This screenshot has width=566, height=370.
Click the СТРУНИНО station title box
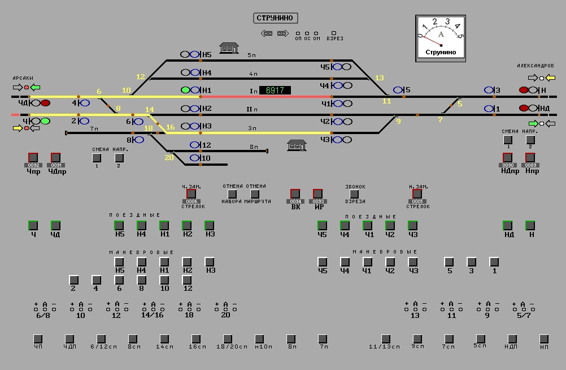click(275, 18)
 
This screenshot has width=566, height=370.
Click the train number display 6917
click(275, 91)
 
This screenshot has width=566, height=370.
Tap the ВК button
click(295, 194)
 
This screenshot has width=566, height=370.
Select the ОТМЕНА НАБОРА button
click(232, 194)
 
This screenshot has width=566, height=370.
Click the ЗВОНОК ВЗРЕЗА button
click(355, 194)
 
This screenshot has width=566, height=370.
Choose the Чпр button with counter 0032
click(33, 157)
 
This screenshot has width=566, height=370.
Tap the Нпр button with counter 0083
click(530, 157)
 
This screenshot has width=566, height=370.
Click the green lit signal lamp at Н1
click(185, 90)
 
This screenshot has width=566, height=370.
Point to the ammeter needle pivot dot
click(441, 45)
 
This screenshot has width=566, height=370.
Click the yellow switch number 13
click(379, 78)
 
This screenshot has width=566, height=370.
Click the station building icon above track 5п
click(229, 48)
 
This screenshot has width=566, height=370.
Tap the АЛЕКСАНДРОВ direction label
click(535, 66)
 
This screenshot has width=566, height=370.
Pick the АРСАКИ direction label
click(23, 78)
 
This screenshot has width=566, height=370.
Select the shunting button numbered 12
click(188, 280)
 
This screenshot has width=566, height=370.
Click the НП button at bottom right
click(544, 339)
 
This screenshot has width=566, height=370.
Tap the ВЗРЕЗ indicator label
click(334, 38)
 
